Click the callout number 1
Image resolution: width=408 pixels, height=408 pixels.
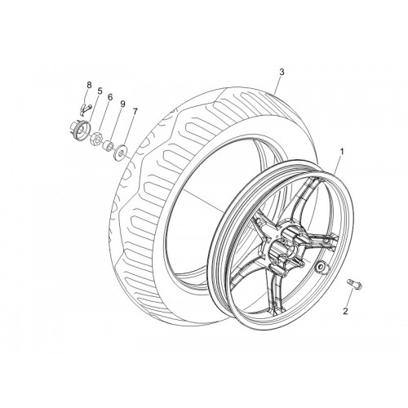click(x=342, y=152)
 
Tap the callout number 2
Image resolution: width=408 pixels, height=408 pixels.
click(x=345, y=311)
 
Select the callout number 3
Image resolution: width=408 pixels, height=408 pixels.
click(x=282, y=72)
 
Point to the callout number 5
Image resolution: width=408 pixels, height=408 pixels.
click(x=100, y=91)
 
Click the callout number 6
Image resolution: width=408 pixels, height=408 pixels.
click(x=110, y=97)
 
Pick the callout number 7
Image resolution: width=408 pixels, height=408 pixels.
click(x=135, y=111)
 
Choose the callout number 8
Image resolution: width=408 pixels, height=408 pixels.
click(x=89, y=85)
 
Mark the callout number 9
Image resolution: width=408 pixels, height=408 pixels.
click(x=122, y=104)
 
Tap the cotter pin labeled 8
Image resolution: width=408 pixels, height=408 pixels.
click(x=86, y=109)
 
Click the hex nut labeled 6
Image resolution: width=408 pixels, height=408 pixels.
click(x=96, y=138)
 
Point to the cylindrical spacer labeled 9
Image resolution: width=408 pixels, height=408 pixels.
click(x=109, y=146)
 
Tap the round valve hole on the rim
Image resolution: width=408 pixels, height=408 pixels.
click(x=320, y=267)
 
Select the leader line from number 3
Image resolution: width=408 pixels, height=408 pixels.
click(x=277, y=85)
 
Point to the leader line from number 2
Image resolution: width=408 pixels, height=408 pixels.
click(x=350, y=299)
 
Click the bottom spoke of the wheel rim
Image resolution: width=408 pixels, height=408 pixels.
click(x=276, y=291)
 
